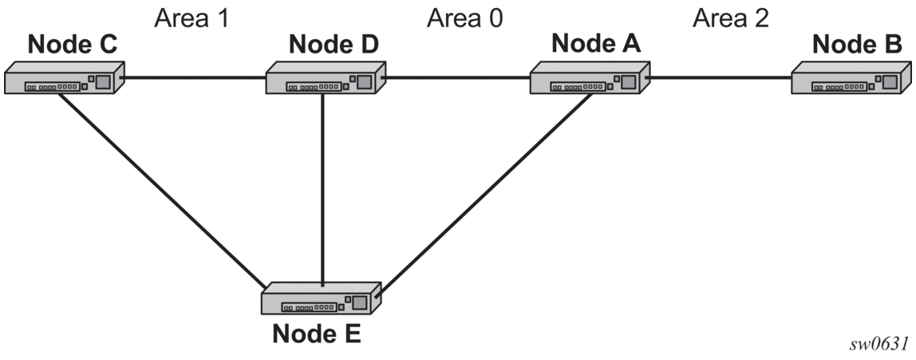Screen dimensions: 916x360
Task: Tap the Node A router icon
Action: pos(590,77)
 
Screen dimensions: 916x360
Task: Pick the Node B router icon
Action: pos(851,77)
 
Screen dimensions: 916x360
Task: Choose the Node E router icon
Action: pos(321,299)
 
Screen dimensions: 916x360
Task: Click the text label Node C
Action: pos(73,44)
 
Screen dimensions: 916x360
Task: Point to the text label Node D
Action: pos(334,44)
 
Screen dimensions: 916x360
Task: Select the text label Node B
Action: pos(857,44)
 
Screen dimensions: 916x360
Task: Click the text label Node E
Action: pos(318,334)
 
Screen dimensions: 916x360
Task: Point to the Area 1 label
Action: pos(191,18)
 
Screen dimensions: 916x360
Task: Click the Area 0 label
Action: pos(465,18)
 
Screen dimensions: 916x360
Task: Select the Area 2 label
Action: pos(731,18)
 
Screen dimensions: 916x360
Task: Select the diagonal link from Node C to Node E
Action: pos(163,188)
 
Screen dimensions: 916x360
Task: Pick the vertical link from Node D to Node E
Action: pos(322,188)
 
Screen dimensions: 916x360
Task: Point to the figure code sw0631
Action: pos(883,342)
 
